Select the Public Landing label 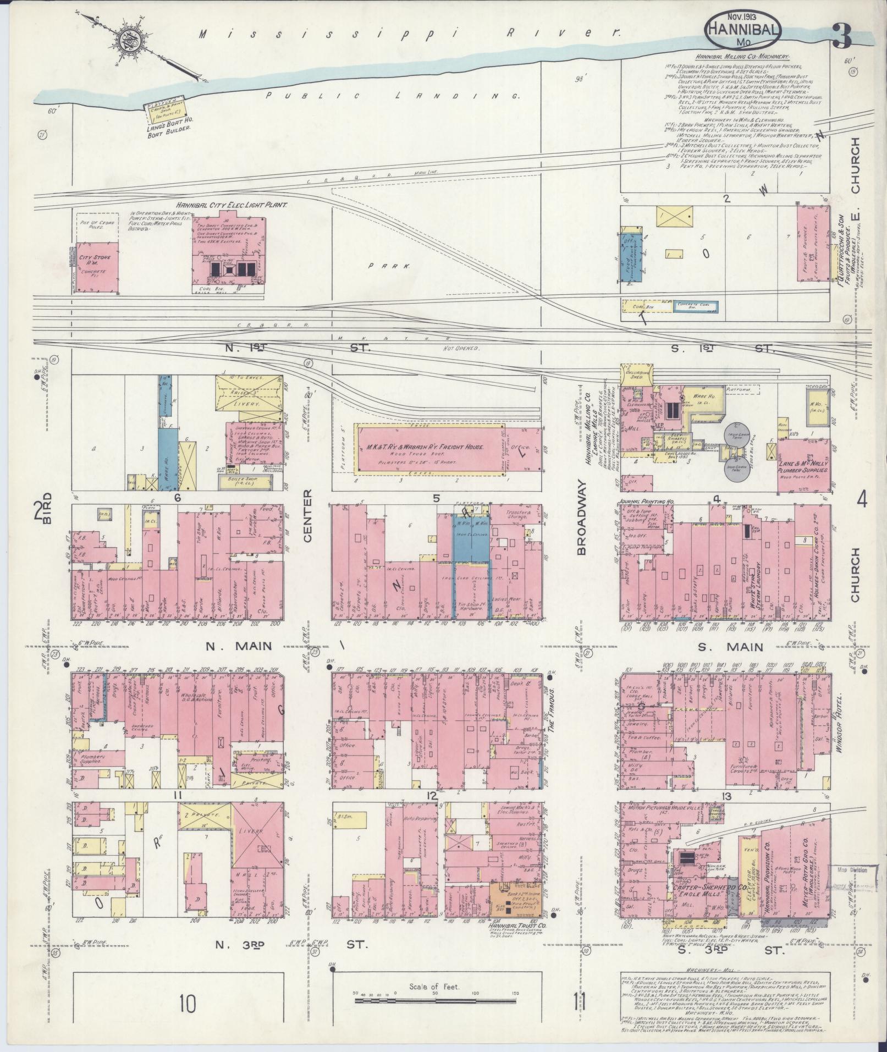(393, 96)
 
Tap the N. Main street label (239, 647)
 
